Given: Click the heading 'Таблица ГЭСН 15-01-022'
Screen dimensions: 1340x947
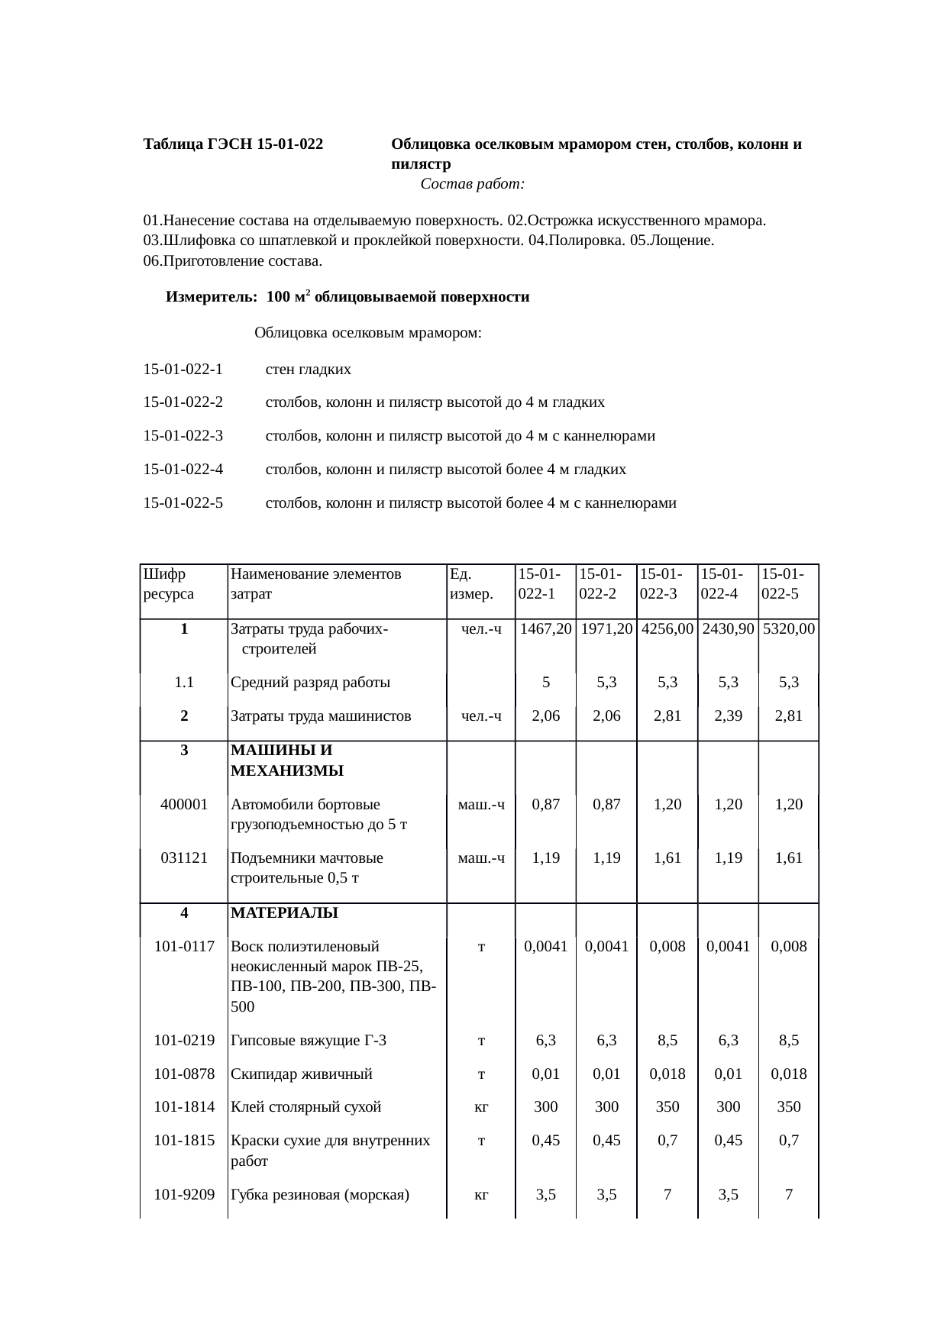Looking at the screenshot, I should (233, 144).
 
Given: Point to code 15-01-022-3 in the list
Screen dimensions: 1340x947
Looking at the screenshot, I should (183, 436).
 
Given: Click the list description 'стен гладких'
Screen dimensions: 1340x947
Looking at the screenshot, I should (309, 370).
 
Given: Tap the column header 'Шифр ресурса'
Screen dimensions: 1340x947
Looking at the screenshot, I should (169, 583).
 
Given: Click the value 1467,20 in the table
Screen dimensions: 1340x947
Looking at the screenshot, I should (545, 629).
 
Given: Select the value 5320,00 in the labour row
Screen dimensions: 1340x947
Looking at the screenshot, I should (789, 629).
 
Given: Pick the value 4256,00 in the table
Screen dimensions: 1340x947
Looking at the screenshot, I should (667, 629).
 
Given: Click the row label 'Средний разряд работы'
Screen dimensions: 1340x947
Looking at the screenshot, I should (311, 683).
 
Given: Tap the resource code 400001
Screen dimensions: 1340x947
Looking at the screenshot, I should (184, 804).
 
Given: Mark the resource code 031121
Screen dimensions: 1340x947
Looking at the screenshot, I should (184, 857).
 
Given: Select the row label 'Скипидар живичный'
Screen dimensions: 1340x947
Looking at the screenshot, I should (302, 1074).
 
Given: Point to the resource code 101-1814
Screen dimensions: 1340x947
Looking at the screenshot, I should (184, 1107).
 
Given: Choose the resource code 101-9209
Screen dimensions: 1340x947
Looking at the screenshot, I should (184, 1194).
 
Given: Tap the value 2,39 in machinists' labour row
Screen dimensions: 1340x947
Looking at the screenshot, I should (728, 715).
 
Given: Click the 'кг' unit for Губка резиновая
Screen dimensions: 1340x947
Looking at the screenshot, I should (481, 1195).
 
